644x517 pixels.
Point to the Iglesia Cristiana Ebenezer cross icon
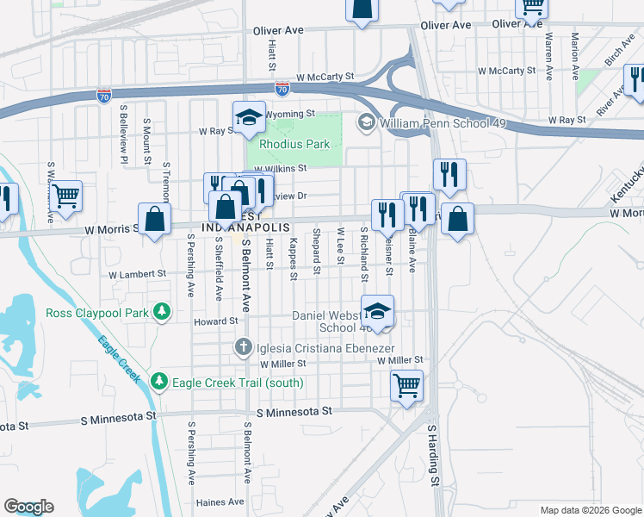click(244, 347)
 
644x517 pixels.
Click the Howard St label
click(215, 321)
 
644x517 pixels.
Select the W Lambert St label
click(137, 274)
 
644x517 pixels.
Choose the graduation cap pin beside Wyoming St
click(248, 116)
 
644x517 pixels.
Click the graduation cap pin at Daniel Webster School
click(377, 310)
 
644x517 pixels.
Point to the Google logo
click(28, 507)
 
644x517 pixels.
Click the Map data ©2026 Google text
click(590, 510)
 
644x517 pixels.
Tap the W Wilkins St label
click(281, 169)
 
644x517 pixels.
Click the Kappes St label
click(294, 258)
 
